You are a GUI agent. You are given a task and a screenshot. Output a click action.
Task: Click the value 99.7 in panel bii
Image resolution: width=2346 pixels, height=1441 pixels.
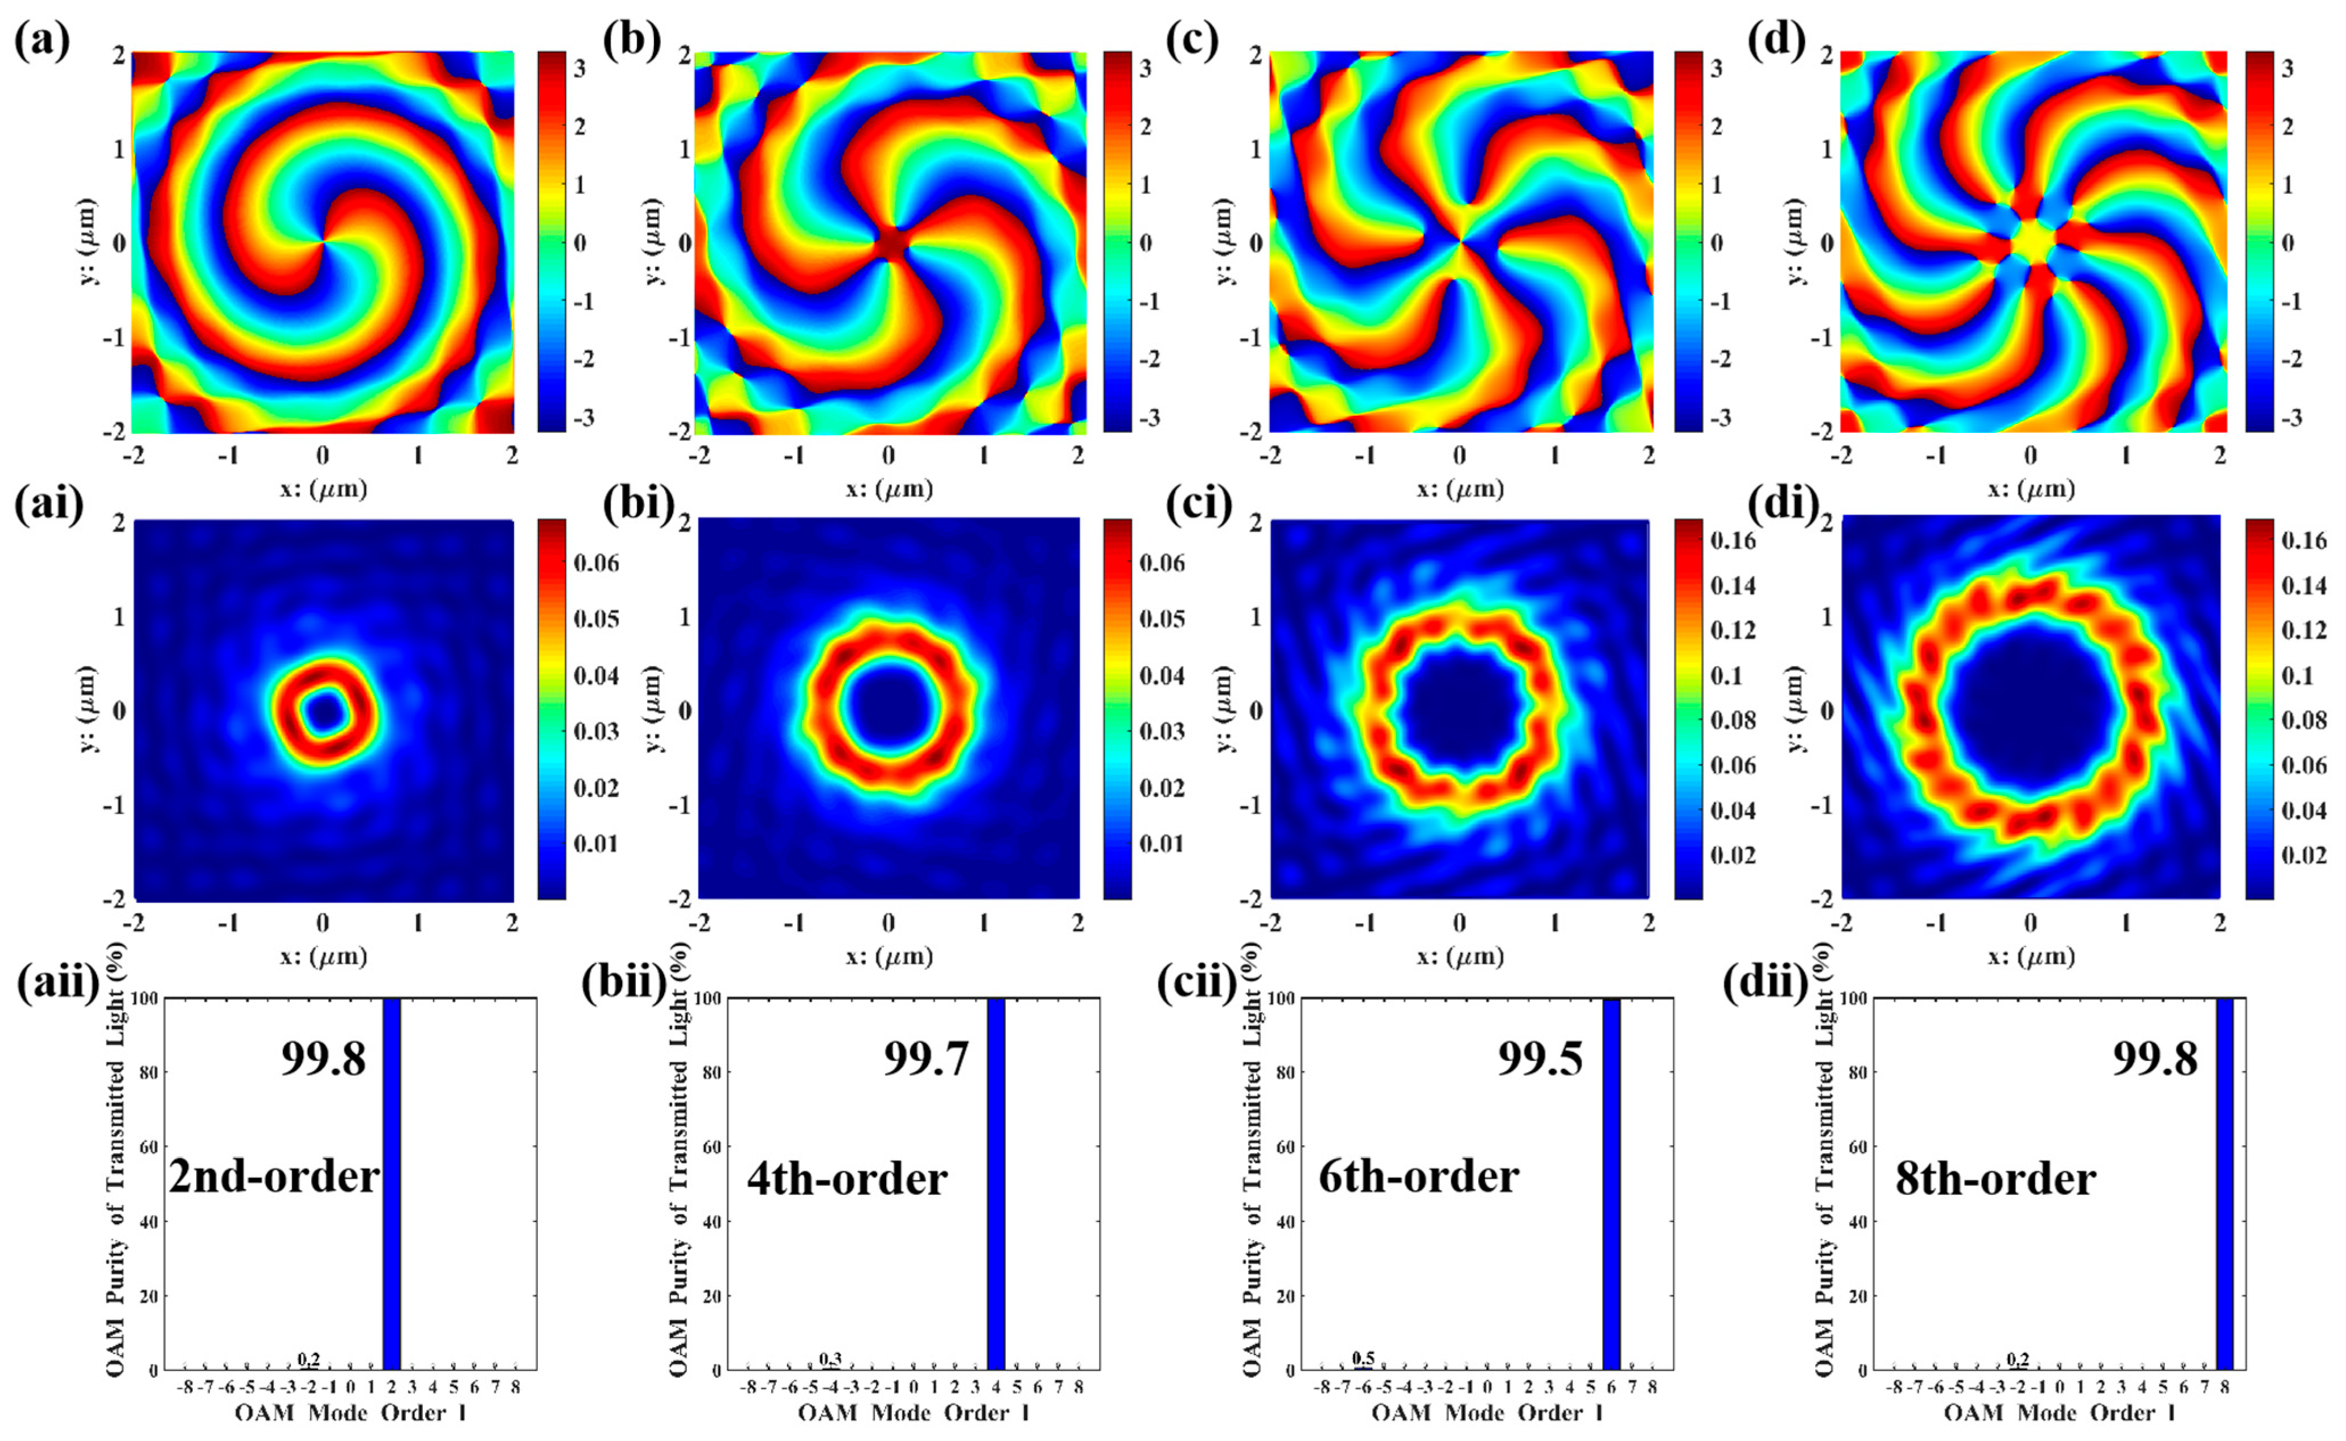coord(925,1058)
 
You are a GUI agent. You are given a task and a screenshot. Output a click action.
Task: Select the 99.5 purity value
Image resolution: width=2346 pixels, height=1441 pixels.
coord(1540,1058)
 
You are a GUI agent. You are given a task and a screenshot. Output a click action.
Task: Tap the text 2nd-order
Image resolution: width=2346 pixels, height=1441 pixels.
coord(274,1177)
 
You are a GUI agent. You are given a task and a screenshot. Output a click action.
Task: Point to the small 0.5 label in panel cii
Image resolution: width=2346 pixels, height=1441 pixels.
coord(1363,1358)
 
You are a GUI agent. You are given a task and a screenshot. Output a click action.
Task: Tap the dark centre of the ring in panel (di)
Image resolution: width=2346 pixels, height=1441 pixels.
coord(2031,710)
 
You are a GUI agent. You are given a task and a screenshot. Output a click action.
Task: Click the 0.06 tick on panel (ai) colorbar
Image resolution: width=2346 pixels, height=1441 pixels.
coord(596,562)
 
